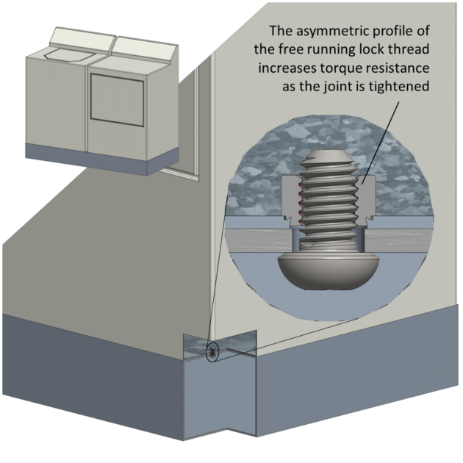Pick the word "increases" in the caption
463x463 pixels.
click(292, 68)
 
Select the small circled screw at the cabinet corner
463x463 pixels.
click(212, 352)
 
